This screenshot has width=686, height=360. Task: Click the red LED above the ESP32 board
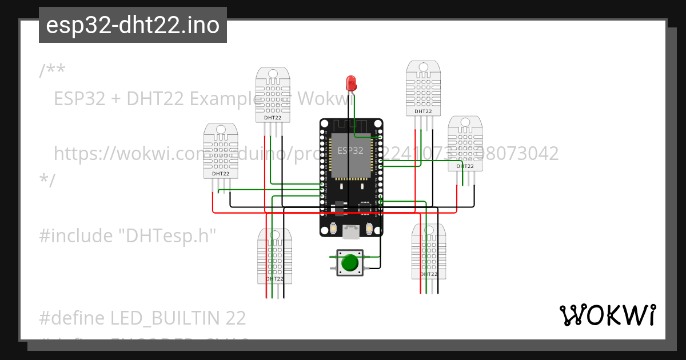coord(351,83)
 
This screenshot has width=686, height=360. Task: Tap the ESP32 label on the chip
coord(350,151)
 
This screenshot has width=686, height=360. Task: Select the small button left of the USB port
coord(333,229)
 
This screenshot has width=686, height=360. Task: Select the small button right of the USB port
coord(369,229)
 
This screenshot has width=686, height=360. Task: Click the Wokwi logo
coord(607,315)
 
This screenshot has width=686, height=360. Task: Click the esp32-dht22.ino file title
coord(133,25)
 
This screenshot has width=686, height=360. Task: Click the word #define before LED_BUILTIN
coord(72,318)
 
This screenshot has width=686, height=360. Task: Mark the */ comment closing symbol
coord(47,180)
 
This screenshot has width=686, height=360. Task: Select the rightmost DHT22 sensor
coord(464,143)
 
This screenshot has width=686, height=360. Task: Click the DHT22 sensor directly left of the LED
coord(273,95)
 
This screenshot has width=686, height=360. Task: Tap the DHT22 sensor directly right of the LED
coord(423,88)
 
